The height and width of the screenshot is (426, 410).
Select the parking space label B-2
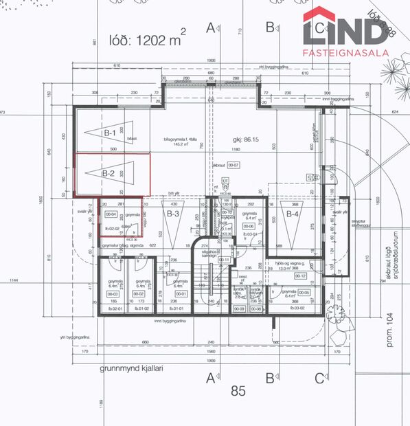click(x=109, y=174)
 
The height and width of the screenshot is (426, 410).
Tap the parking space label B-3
click(x=173, y=214)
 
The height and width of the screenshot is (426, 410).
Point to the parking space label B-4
click(x=292, y=214)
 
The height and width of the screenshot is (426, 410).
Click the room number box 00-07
click(x=234, y=165)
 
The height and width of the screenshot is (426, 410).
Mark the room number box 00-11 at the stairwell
click(x=224, y=260)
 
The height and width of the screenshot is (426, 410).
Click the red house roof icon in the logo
click(x=321, y=15)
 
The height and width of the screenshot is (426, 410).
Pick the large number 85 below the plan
click(x=238, y=392)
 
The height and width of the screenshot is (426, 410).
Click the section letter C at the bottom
click(x=319, y=377)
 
